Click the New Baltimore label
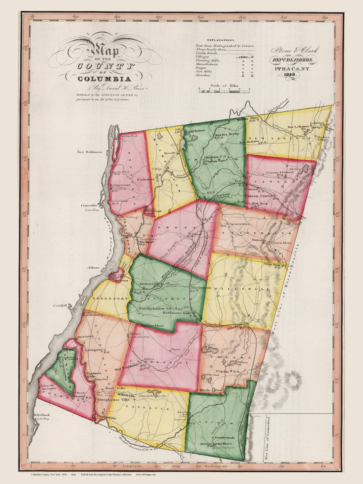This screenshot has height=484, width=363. point(89,152)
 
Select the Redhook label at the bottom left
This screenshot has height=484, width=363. point(43,415)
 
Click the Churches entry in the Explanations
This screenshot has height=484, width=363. point(203,75)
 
